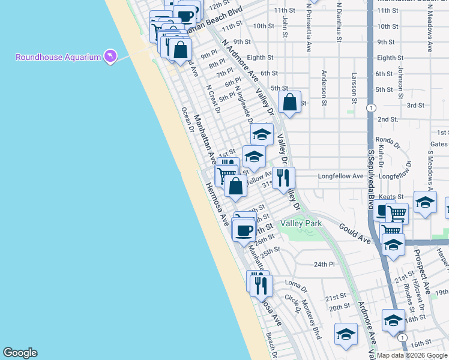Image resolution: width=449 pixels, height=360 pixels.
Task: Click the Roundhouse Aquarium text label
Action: tap(57, 58)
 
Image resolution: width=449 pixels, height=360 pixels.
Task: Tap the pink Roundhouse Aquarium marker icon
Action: tap(109, 56)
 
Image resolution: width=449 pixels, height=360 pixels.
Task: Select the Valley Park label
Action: tap(301, 224)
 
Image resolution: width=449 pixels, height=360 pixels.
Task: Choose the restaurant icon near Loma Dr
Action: tap(261, 284)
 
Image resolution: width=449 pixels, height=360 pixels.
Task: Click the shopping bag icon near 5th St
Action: tap(289, 102)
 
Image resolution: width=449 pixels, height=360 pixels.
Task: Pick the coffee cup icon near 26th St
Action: tap(244, 229)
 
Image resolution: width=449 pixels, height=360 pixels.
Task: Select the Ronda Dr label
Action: tap(387, 142)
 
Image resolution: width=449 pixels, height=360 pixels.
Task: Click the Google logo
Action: tap(20, 353)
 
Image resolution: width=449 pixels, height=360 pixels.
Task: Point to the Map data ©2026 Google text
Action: tap(412, 355)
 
